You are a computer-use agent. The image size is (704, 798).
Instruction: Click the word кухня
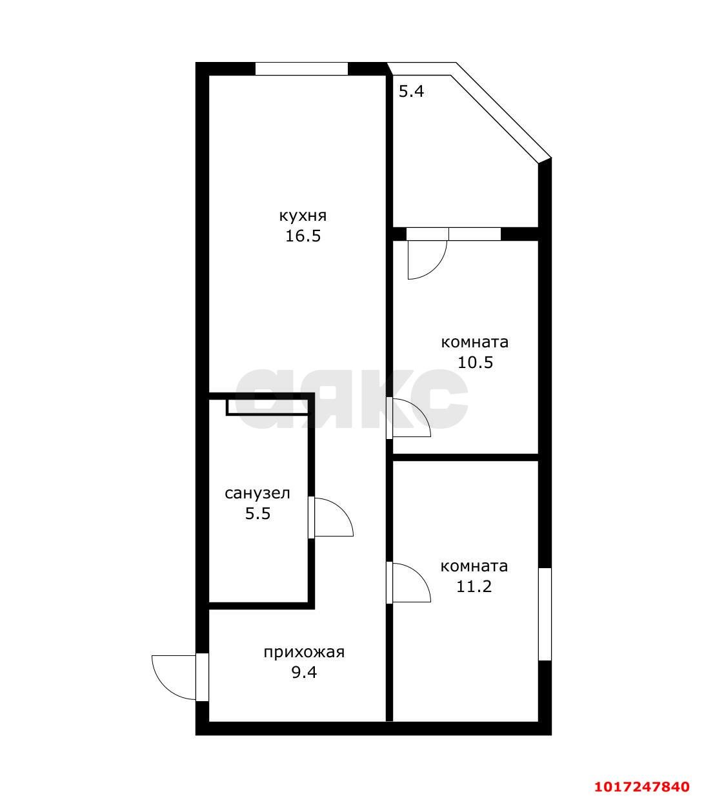point(303,216)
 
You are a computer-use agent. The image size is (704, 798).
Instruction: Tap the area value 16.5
point(303,236)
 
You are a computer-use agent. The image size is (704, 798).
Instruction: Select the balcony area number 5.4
point(411,92)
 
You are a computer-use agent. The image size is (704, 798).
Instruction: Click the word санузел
point(257,493)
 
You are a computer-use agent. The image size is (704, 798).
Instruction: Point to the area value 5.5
point(257,514)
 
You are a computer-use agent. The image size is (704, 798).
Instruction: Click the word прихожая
point(304,652)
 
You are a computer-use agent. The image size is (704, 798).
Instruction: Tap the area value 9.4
point(304,672)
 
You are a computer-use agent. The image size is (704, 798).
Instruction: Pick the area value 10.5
point(475,362)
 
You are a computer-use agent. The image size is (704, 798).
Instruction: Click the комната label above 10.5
point(475,342)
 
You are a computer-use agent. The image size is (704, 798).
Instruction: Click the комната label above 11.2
point(474,566)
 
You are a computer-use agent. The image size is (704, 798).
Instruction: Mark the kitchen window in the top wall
point(301,68)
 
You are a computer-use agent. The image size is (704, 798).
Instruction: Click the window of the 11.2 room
point(545,615)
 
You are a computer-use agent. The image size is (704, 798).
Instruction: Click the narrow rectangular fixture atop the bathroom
point(267,407)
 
